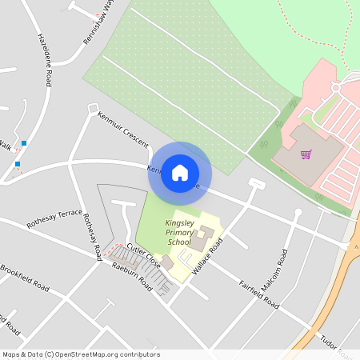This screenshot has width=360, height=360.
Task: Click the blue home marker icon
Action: tap(180, 172)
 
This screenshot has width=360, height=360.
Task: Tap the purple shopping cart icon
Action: tap(306, 154)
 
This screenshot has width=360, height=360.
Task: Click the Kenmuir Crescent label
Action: tap(122, 128)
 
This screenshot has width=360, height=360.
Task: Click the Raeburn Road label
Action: tap(132, 275)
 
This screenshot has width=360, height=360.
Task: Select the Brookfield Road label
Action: tap(24, 276)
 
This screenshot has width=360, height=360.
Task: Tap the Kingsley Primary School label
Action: tap(178, 232)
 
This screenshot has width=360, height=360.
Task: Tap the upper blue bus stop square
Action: tap(25, 143)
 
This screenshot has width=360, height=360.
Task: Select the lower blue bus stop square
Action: tap(18, 164)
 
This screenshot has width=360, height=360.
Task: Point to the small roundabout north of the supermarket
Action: tap(335, 86)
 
